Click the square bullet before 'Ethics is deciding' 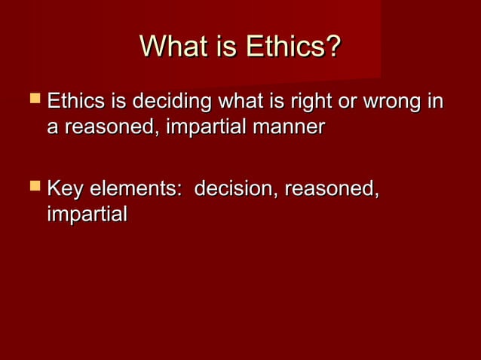pos(35,101)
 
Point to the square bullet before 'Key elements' pos(35,187)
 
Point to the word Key pos(65,188)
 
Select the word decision pos(233,188)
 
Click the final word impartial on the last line pos(86,215)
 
